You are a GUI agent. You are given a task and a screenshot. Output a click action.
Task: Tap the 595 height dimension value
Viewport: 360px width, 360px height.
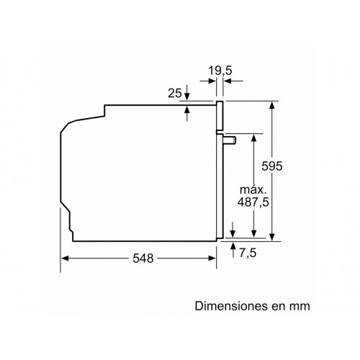click(x=288, y=166)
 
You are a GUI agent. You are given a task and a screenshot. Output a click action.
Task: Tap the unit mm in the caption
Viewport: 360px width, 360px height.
click(x=300, y=305)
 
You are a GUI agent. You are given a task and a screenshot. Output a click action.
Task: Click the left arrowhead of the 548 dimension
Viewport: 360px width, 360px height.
click(x=63, y=257)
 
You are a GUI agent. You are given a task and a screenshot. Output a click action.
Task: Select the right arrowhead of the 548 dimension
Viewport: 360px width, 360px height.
click(x=214, y=257)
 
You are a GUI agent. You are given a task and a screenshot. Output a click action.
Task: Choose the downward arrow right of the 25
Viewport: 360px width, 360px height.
click(x=187, y=94)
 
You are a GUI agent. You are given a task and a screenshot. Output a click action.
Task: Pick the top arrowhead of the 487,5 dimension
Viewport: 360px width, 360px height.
click(x=254, y=136)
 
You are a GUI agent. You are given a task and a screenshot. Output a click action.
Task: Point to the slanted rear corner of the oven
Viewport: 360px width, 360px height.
click(x=66, y=130)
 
